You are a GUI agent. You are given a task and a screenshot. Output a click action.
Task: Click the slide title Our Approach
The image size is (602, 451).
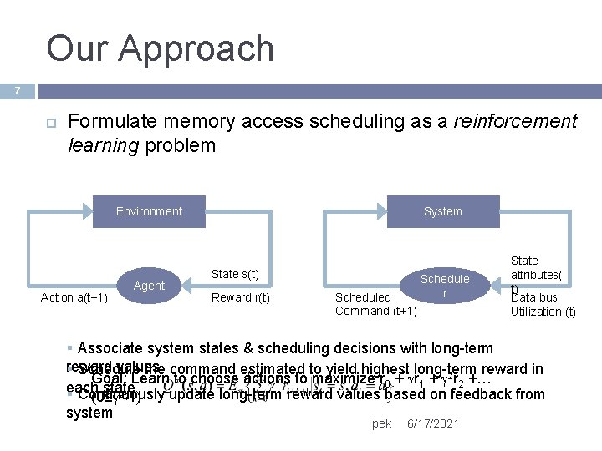(160, 48)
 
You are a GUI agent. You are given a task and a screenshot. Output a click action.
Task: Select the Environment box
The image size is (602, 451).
(149, 211)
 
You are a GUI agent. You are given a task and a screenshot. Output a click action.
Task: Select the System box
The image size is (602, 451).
(442, 211)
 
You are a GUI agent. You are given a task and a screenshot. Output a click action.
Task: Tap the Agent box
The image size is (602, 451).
(149, 286)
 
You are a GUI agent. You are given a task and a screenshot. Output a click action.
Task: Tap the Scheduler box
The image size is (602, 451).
(445, 286)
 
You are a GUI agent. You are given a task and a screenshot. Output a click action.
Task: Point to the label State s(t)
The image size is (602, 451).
(235, 274)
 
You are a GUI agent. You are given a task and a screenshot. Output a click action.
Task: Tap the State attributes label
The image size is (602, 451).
(524, 268)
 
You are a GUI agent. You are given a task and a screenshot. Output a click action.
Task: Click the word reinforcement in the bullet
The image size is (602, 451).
(518, 122)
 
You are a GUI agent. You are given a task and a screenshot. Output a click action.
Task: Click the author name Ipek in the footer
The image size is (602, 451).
(380, 423)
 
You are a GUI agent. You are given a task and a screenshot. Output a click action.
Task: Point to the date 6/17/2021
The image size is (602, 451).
(432, 423)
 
